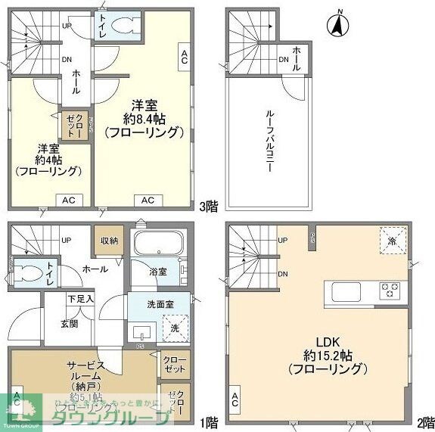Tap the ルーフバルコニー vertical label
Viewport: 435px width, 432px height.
269,140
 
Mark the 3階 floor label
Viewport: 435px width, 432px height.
207,205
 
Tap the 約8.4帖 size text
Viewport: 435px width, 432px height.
144,118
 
